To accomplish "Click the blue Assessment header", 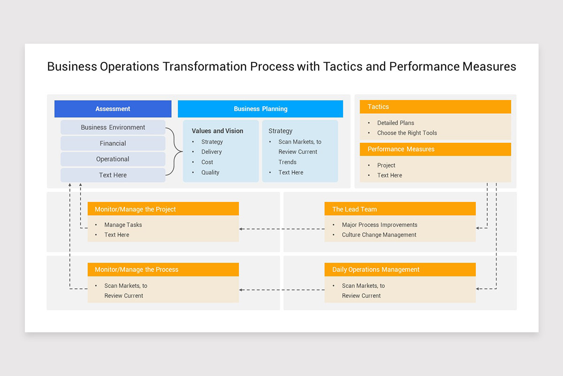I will pyautogui.click(x=113, y=109).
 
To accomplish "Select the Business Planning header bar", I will pyautogui.click(x=260, y=109).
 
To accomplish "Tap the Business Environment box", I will pyautogui.click(x=113, y=127).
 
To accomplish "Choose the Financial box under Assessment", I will pyautogui.click(x=113, y=143).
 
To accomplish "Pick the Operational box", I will pyautogui.click(x=113, y=159).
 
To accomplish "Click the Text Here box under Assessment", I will pyautogui.click(x=113, y=175).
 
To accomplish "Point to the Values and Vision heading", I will pyautogui.click(x=217, y=131).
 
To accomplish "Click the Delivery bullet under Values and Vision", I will pyautogui.click(x=212, y=152).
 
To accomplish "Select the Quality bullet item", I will pyautogui.click(x=210, y=172).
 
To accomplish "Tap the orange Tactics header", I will pyautogui.click(x=435, y=107).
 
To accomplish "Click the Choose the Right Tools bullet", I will pyautogui.click(x=407, y=133).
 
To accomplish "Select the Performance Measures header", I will pyautogui.click(x=435, y=149).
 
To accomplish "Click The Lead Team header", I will pyautogui.click(x=400, y=209).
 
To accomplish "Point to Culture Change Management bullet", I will pyautogui.click(x=379, y=235).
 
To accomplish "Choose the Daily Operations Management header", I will pyautogui.click(x=400, y=270).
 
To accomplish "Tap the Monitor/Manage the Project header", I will pyautogui.click(x=163, y=209).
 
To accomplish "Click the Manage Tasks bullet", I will pyautogui.click(x=123, y=225).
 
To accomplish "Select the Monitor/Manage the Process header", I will pyautogui.click(x=163, y=270).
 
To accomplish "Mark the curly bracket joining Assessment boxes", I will pyautogui.click(x=175, y=151).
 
